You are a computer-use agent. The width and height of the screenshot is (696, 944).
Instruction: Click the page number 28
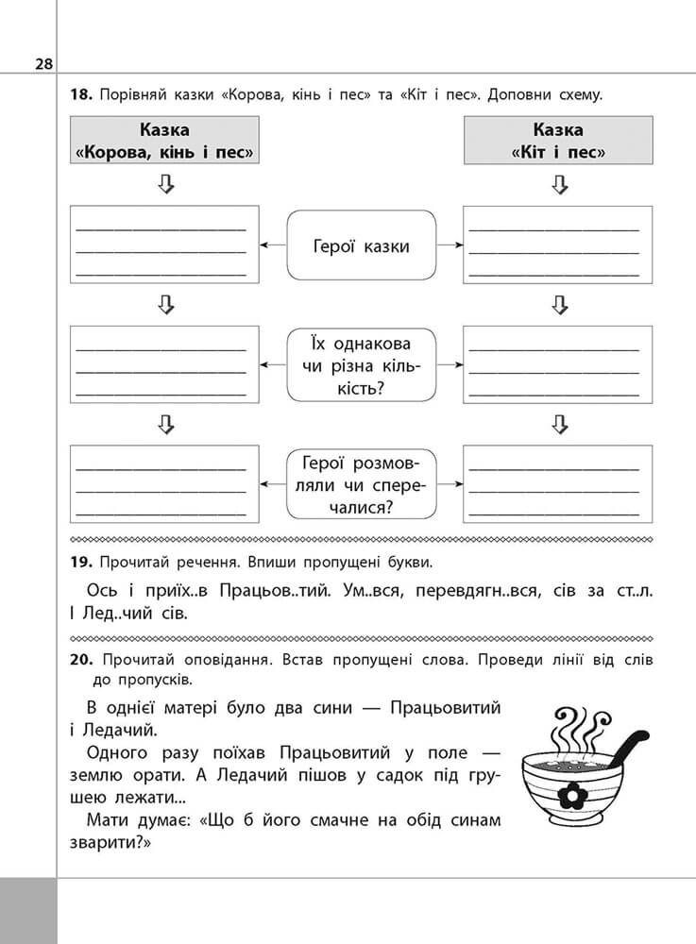(43, 63)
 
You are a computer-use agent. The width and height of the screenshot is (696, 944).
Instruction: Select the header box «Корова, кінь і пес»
(166, 141)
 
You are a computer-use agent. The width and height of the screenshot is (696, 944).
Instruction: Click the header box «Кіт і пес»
(557, 141)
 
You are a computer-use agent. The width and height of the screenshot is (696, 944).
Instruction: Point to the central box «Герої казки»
(361, 246)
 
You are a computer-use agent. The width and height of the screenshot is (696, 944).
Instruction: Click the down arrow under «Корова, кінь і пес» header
(166, 185)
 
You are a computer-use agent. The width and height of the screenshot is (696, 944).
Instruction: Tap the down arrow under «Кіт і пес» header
(558, 185)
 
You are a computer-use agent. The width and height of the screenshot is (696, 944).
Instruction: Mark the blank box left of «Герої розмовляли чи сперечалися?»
(166, 484)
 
